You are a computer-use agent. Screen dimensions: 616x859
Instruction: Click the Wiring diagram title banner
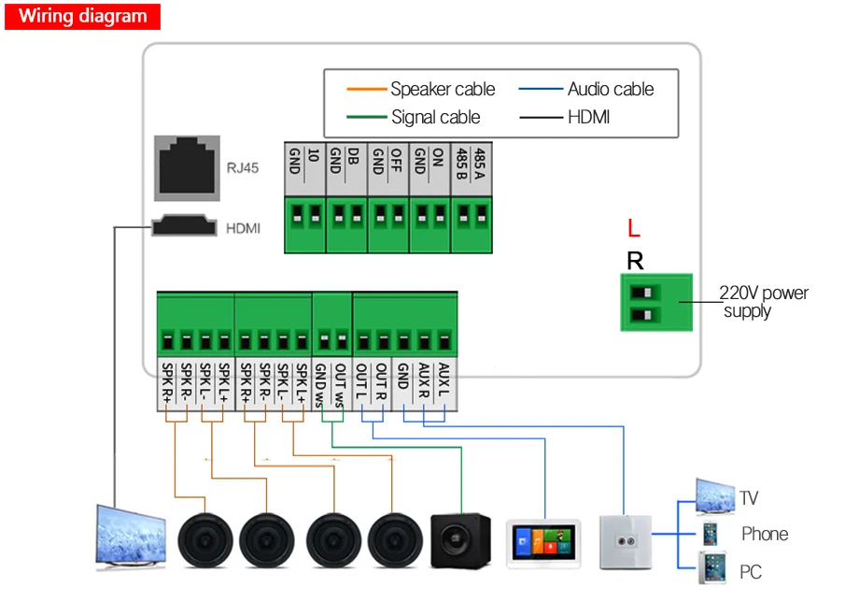pos(83,16)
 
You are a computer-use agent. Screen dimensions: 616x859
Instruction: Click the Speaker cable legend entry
pos(421,90)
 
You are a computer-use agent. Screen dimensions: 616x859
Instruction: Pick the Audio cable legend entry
pos(598,90)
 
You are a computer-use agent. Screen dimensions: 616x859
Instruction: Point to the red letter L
pos(634,229)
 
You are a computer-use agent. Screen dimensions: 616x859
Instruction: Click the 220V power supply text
pos(764,301)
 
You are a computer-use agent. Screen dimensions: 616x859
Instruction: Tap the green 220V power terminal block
pos(656,302)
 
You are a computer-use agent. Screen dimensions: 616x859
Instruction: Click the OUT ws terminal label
pos(341,383)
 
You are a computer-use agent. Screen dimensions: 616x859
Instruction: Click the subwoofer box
pos(460,540)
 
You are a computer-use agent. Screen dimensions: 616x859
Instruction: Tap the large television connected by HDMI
pos(131,537)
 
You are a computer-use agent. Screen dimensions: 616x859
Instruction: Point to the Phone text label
pos(765,535)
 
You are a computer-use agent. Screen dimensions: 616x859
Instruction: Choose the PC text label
pos(751,572)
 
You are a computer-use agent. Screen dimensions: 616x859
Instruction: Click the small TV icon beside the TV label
pos(714,496)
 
